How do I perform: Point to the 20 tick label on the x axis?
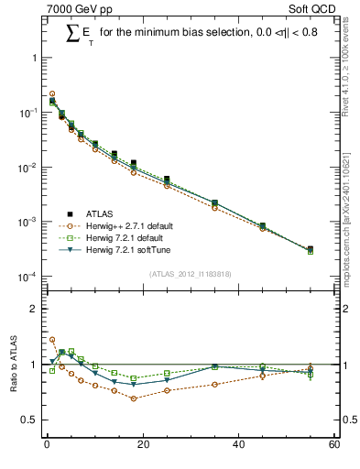coord(142,445)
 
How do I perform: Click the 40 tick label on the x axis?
coord(238,445)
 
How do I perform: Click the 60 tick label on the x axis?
coord(334,445)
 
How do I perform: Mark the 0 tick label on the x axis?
coord(46,445)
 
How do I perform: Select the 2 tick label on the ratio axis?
coord(34,309)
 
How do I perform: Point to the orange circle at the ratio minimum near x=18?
coord(133,398)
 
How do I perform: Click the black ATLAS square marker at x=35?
coord(214,202)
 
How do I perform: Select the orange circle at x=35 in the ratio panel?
coord(214,384)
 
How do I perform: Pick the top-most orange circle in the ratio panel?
coord(52,339)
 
